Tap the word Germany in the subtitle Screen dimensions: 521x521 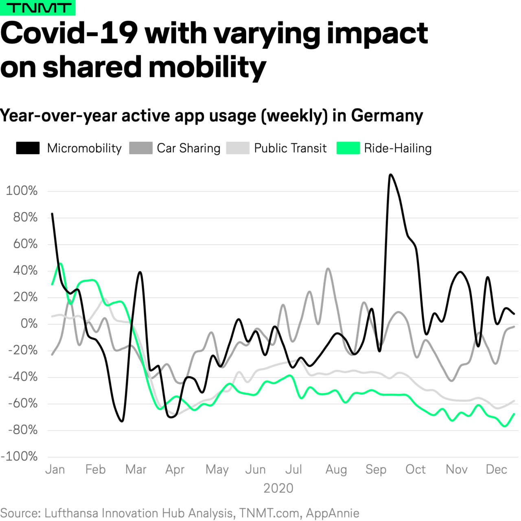click(x=387, y=116)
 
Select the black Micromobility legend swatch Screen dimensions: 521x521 click(x=28, y=148)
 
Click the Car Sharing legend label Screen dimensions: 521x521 click(x=188, y=148)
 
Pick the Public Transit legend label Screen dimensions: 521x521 click(x=290, y=148)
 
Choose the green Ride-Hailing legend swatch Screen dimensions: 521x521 click(x=348, y=148)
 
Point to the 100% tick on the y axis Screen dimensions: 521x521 click(x=22, y=190)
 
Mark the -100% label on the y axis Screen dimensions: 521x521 click(x=19, y=456)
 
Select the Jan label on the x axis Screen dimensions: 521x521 click(x=55, y=469)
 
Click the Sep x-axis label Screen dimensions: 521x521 click(x=376, y=469)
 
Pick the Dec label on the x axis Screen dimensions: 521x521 click(x=496, y=469)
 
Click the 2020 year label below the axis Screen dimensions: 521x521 click(x=278, y=488)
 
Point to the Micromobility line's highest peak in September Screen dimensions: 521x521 click(x=390, y=175)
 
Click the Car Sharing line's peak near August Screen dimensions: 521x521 click(x=328, y=269)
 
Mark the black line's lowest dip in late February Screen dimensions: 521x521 click(x=122, y=421)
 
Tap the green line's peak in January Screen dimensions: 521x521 click(x=61, y=263)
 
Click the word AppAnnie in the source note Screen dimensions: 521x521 click(x=333, y=513)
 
